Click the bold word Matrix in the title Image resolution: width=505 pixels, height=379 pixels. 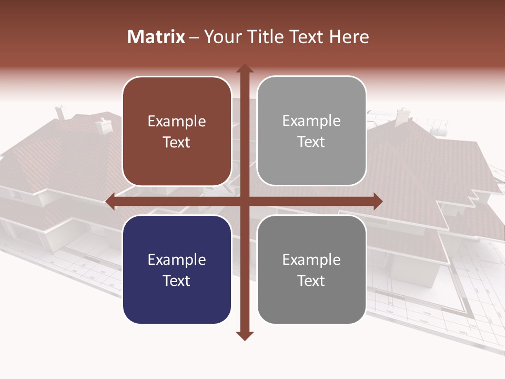(x=156, y=37)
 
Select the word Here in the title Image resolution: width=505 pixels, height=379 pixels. (x=349, y=37)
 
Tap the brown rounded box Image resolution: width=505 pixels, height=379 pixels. (x=177, y=131)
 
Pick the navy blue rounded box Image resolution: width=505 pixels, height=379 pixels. (x=177, y=270)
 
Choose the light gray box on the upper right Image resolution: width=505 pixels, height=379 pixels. (x=311, y=131)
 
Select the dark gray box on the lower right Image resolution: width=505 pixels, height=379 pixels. (x=311, y=270)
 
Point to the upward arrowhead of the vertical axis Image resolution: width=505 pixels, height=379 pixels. (x=244, y=68)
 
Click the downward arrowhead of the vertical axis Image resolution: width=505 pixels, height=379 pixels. (x=244, y=335)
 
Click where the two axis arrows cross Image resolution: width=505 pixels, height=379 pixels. (x=244, y=201)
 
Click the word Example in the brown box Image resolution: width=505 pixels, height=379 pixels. (x=177, y=121)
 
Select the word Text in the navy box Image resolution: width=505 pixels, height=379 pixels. (x=177, y=281)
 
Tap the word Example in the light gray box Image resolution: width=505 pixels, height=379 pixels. (x=311, y=121)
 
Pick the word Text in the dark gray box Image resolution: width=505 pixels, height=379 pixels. (x=311, y=281)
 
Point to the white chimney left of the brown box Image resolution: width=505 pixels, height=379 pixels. (x=104, y=126)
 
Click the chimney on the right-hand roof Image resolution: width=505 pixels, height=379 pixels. (x=402, y=116)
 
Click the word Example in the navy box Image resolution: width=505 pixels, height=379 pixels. (x=177, y=260)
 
